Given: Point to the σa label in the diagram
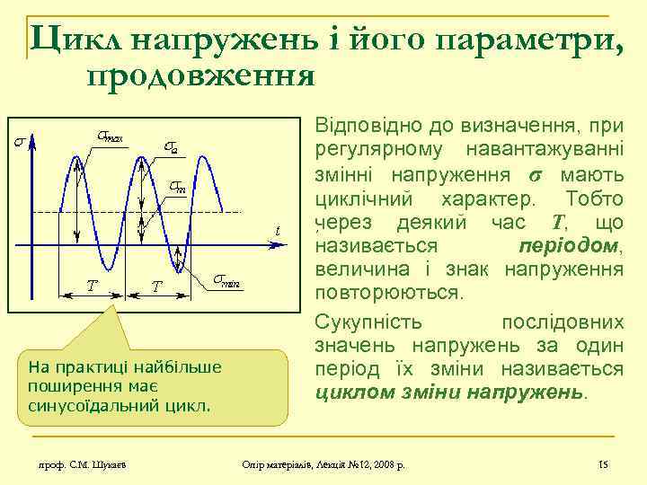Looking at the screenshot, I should coord(171,146).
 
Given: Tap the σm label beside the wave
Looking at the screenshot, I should coord(178,187).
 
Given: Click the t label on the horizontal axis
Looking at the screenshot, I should coord(278,232).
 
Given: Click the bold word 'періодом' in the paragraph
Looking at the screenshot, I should coord(570,246).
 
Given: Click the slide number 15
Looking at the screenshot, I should coord(603,463).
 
